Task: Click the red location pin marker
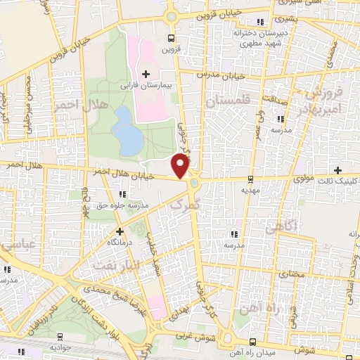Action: point(181,165)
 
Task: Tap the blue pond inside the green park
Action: point(128,131)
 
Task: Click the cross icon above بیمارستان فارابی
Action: point(146,73)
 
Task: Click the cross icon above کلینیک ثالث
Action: point(339,170)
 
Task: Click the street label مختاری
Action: point(290,273)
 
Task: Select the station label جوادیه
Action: point(60,347)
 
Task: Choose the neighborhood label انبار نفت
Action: point(113,264)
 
